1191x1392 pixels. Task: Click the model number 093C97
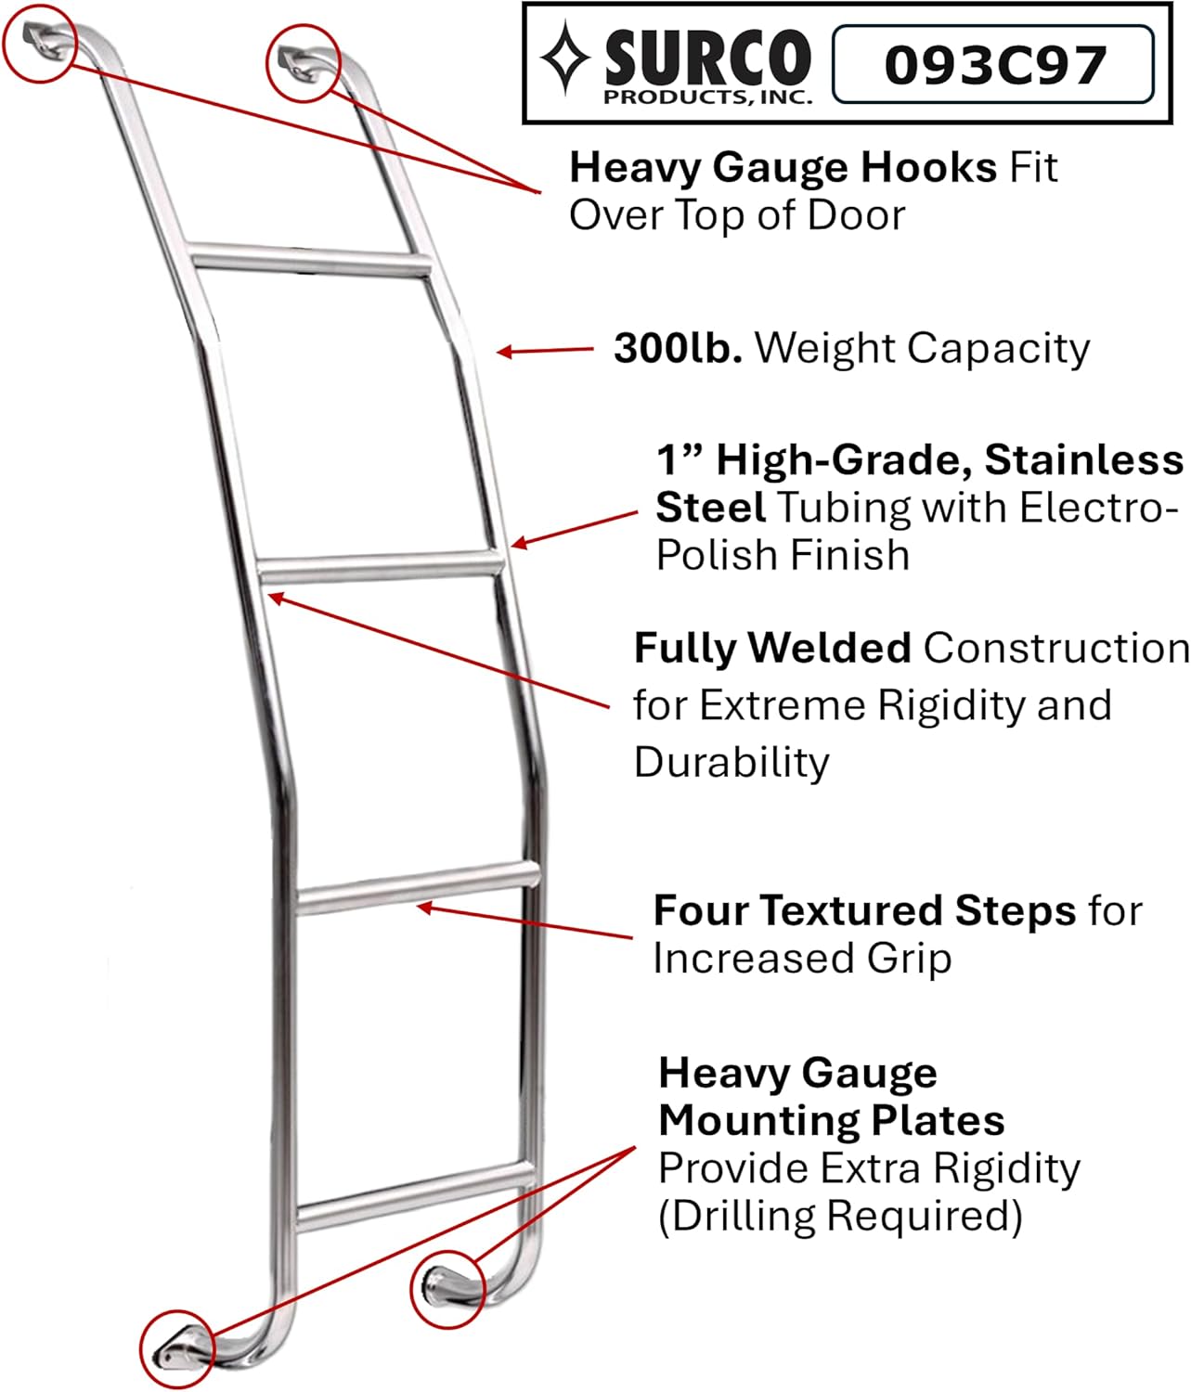[x=994, y=64]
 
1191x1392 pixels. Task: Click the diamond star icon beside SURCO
[x=565, y=58]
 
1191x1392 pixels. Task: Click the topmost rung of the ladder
[x=311, y=257]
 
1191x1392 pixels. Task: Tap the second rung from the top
[x=379, y=565]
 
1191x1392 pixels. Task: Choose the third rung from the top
[x=418, y=887]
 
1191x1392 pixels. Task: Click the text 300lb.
[x=677, y=349]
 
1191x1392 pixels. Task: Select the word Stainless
[x=1083, y=459]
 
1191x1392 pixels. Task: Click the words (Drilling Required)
[x=839, y=1216]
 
